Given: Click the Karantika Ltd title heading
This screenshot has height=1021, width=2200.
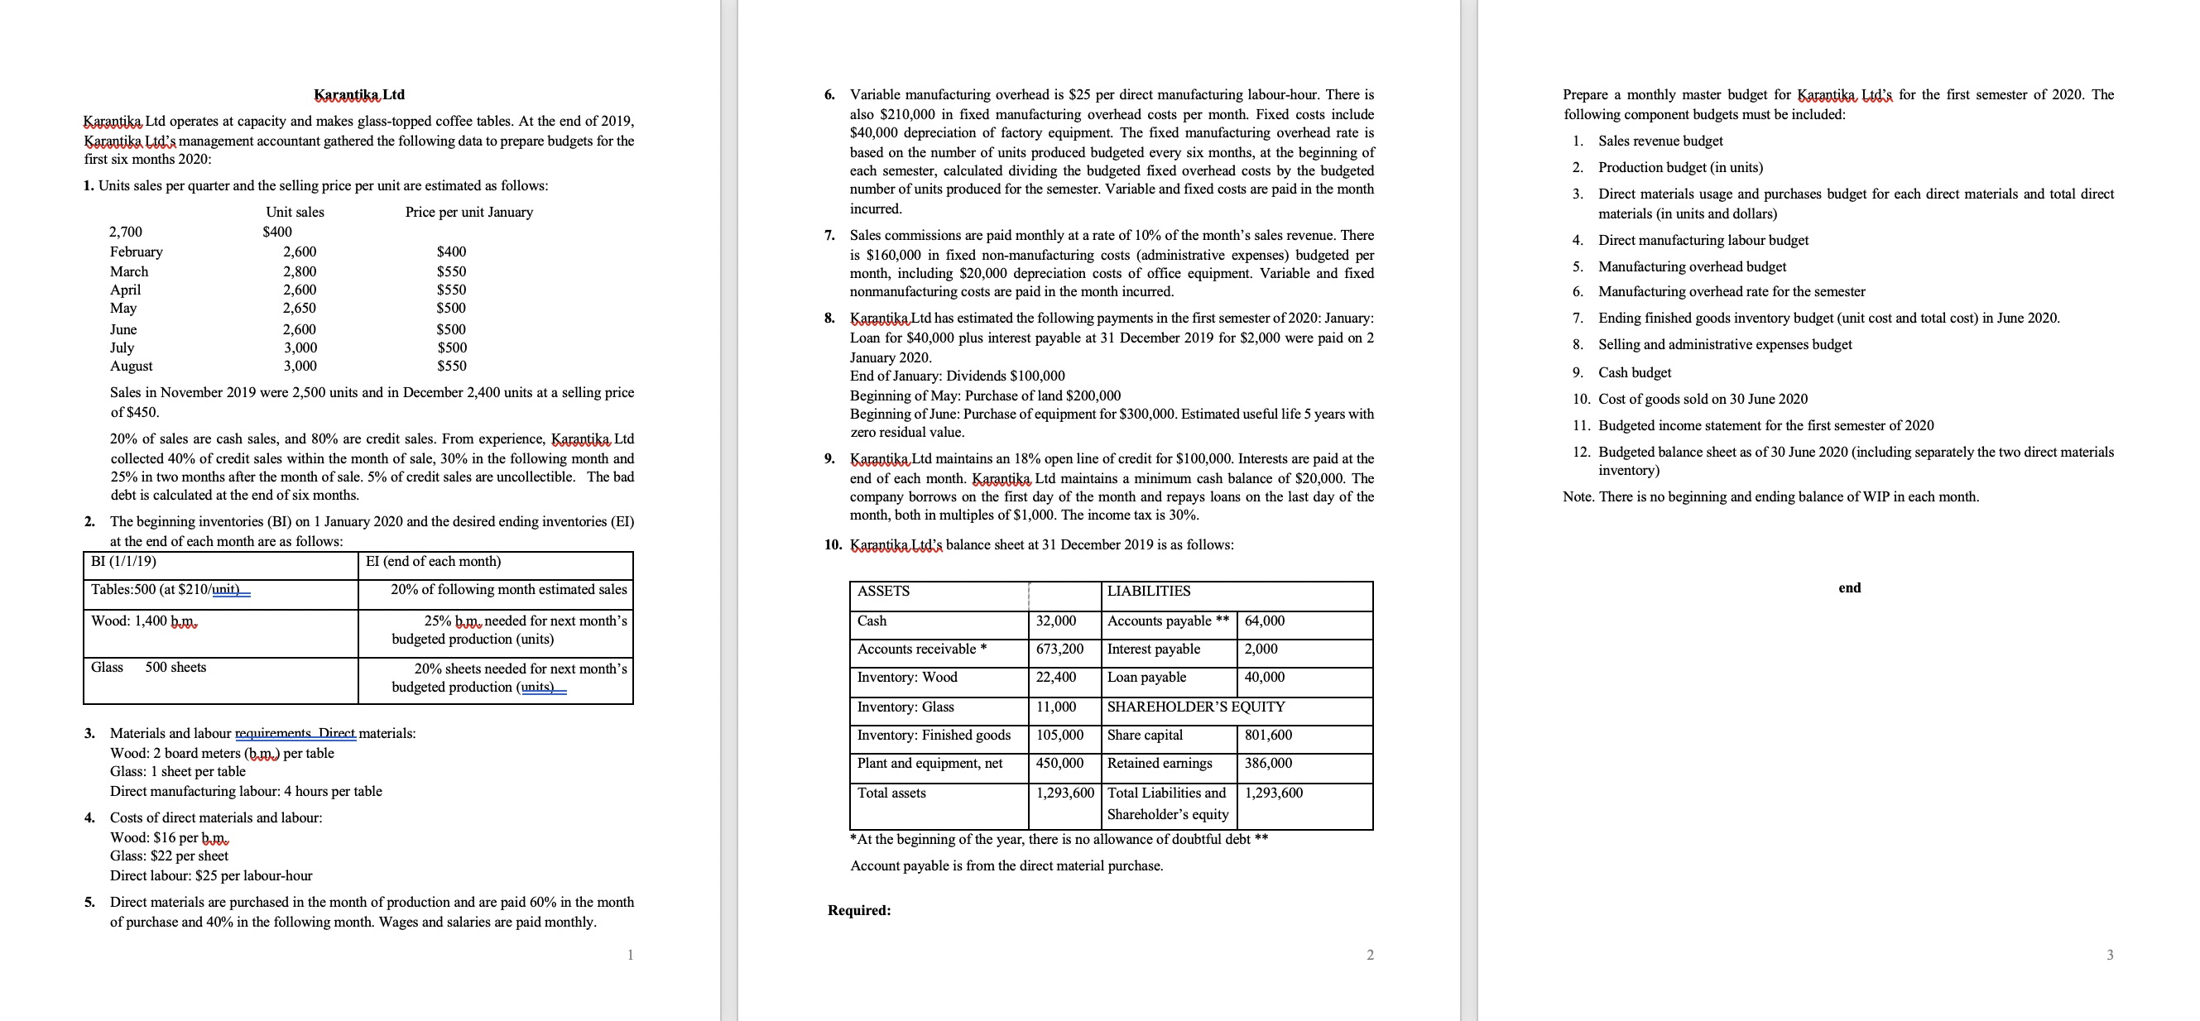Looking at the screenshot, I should point(358,95).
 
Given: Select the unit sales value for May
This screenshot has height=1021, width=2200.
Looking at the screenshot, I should point(299,308).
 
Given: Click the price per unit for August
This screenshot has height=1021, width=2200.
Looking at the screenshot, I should point(452,367).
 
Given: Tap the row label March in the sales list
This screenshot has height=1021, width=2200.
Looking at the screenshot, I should point(129,271).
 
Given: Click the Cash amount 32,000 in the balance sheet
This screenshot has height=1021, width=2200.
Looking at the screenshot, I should point(1055,621).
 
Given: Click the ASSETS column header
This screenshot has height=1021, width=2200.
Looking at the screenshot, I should point(883,592).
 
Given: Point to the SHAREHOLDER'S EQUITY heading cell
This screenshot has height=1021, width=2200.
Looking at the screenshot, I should point(1196,707).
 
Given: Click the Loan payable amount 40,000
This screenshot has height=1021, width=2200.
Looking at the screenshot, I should point(1264,678).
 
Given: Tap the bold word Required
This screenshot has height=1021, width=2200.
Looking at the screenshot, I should point(858,910).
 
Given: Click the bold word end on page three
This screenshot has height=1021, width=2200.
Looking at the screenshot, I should point(1849,587).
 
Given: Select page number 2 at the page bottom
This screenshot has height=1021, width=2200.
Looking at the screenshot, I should point(1370,955).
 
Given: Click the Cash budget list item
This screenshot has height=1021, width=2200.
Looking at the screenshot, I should point(1634,373).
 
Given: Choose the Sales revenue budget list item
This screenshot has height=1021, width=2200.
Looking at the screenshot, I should point(1660,141).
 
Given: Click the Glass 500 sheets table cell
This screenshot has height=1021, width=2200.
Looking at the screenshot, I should point(149,668).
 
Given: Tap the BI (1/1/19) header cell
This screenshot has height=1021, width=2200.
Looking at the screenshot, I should point(124,562).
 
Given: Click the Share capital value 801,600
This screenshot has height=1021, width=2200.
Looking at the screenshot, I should point(1267,735).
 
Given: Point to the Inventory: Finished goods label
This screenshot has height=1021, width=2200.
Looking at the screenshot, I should point(934,735).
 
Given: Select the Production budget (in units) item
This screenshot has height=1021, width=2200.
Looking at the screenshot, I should point(1680,167).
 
